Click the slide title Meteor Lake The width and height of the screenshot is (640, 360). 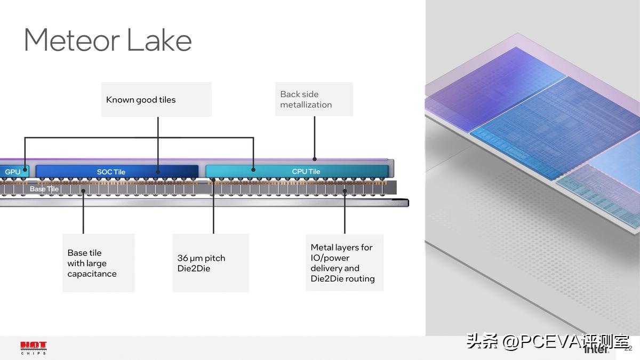click(108, 40)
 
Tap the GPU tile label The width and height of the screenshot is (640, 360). click(12, 172)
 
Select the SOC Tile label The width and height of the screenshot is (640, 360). click(111, 172)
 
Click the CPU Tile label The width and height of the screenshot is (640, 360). click(306, 171)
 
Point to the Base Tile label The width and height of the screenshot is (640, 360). click(44, 189)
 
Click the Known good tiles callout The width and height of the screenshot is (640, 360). click(141, 100)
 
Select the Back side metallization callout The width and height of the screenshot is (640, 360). click(306, 99)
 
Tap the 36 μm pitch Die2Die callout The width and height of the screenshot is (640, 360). click(201, 263)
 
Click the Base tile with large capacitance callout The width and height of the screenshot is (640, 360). click(92, 263)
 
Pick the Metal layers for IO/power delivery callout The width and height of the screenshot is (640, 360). click(342, 263)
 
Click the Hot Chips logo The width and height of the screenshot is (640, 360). click(33, 348)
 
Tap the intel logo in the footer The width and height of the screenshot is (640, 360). click(596, 350)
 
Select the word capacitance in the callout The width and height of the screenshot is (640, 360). click(92, 274)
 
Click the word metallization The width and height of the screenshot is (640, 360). click(306, 105)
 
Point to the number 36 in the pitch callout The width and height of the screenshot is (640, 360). click(182, 258)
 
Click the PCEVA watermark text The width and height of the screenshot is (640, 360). click(548, 341)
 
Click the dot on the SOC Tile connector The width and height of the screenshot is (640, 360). click(158, 172)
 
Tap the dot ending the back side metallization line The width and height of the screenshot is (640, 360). click(315, 158)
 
